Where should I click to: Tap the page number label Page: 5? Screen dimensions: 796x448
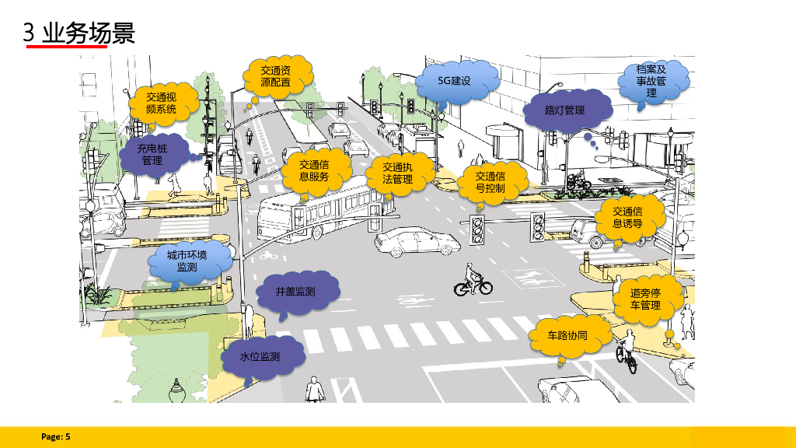click(x=56, y=437)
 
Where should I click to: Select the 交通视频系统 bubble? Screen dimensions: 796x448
click(x=161, y=103)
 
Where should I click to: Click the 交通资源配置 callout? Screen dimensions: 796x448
click(x=275, y=76)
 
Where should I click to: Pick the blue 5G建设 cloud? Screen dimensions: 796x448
click(x=455, y=80)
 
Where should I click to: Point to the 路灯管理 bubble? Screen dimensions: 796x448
click(x=564, y=110)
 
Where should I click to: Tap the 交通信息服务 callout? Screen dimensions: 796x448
click(x=314, y=170)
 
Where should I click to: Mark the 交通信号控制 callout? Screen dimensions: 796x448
click(x=491, y=182)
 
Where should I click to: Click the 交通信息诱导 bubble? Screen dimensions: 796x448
click(x=627, y=218)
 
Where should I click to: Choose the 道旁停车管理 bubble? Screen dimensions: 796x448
click(x=645, y=299)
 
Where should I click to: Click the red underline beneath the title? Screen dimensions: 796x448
click(x=66, y=47)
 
